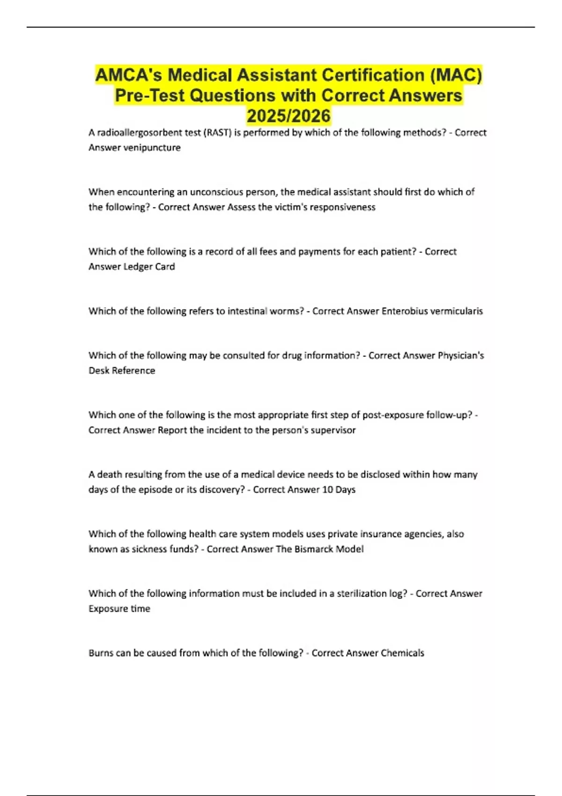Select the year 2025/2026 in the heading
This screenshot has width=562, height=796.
[x=288, y=116]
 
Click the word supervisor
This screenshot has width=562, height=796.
[x=333, y=430]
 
